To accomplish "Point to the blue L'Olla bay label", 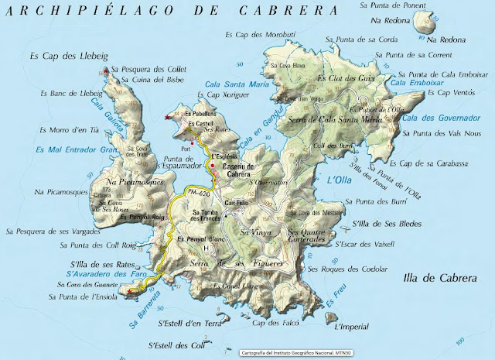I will pyautogui.click(x=340, y=180).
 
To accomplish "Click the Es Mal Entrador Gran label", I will pyautogui.click(x=70, y=148).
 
